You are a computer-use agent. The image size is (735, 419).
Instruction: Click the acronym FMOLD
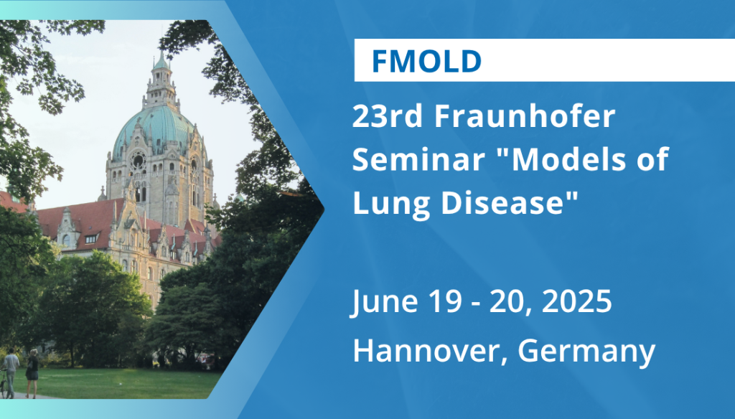point(426,61)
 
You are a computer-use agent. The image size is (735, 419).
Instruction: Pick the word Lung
point(390,204)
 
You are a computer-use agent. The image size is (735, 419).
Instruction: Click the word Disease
point(510,202)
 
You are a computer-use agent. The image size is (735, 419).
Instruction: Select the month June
point(384,301)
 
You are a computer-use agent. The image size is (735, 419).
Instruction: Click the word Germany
point(586,352)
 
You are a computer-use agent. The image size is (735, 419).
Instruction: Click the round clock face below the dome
point(138,161)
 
